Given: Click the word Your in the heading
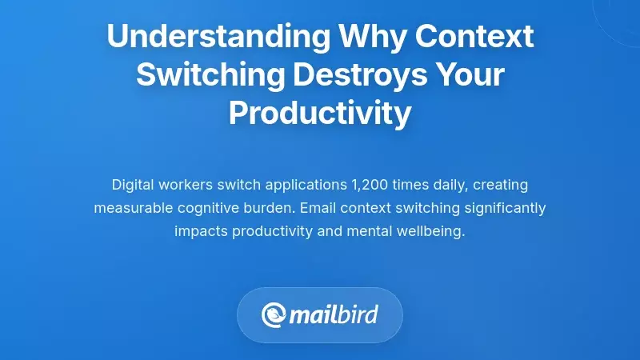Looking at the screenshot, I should coord(466,75).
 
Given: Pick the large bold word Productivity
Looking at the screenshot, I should coord(320,114).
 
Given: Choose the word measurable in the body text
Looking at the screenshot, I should coord(131,209).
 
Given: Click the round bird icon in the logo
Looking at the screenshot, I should coord(274,315).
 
